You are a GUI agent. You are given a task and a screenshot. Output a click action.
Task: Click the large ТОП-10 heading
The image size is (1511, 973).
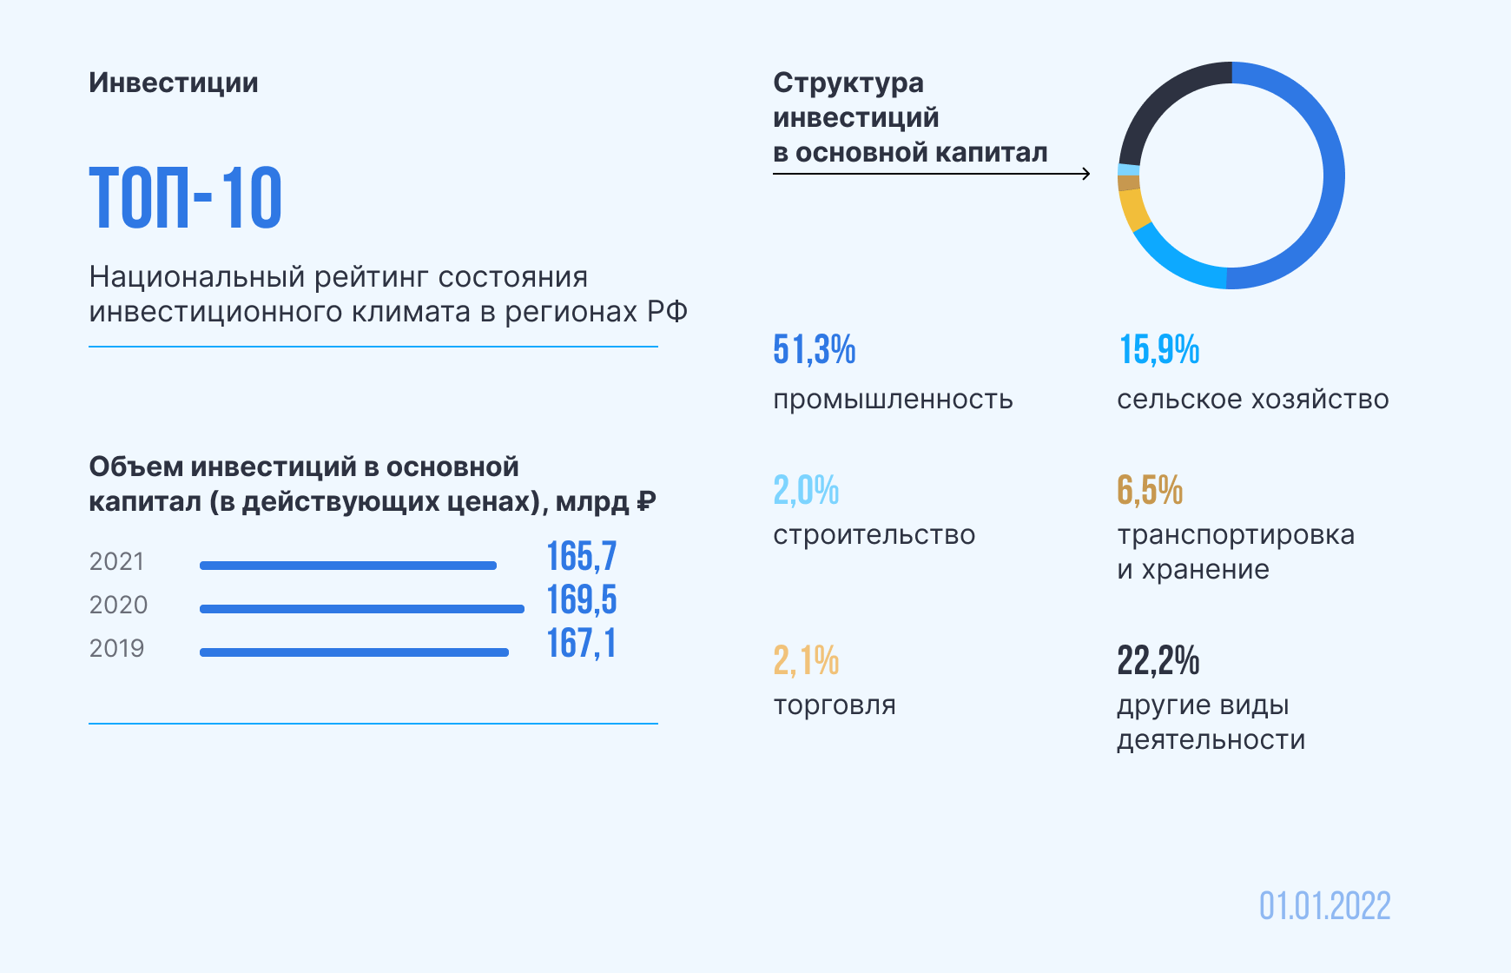186,198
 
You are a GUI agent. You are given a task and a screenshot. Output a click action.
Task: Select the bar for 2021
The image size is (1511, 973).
347,566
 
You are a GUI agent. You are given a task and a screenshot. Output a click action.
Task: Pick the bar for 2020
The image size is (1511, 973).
361,609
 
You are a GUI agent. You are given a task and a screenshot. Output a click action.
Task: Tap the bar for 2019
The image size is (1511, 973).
353,652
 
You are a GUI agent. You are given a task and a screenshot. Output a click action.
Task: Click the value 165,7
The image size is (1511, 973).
581,557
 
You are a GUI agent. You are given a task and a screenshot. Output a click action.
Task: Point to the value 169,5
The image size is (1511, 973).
581,600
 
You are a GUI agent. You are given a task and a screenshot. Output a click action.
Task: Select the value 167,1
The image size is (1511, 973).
581,644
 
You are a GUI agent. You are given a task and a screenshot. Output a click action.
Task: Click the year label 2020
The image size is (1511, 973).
118,605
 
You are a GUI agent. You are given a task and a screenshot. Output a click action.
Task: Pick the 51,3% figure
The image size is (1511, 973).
814,350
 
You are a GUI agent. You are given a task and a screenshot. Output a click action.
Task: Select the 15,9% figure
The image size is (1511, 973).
1158,350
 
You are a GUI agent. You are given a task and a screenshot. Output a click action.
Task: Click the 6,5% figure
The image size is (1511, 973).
1149,491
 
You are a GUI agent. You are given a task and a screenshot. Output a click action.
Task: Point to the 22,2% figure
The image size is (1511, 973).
1158,661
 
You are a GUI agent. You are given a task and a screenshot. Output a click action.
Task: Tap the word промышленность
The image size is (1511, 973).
893,400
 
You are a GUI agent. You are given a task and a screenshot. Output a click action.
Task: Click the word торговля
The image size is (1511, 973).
834,705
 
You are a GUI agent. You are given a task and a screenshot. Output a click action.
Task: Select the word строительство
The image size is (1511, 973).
874,535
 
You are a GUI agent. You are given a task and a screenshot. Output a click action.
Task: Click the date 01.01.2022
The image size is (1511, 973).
1324,906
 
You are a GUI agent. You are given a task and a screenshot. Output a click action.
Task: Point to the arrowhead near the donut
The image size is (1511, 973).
1085,174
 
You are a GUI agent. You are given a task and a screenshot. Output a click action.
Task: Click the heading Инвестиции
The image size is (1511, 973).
174,83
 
